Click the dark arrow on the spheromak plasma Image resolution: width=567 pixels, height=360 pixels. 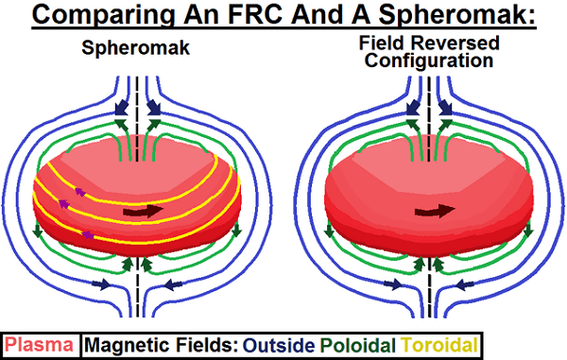(x=143, y=211)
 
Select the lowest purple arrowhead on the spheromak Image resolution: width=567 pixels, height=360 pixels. (x=88, y=233)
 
